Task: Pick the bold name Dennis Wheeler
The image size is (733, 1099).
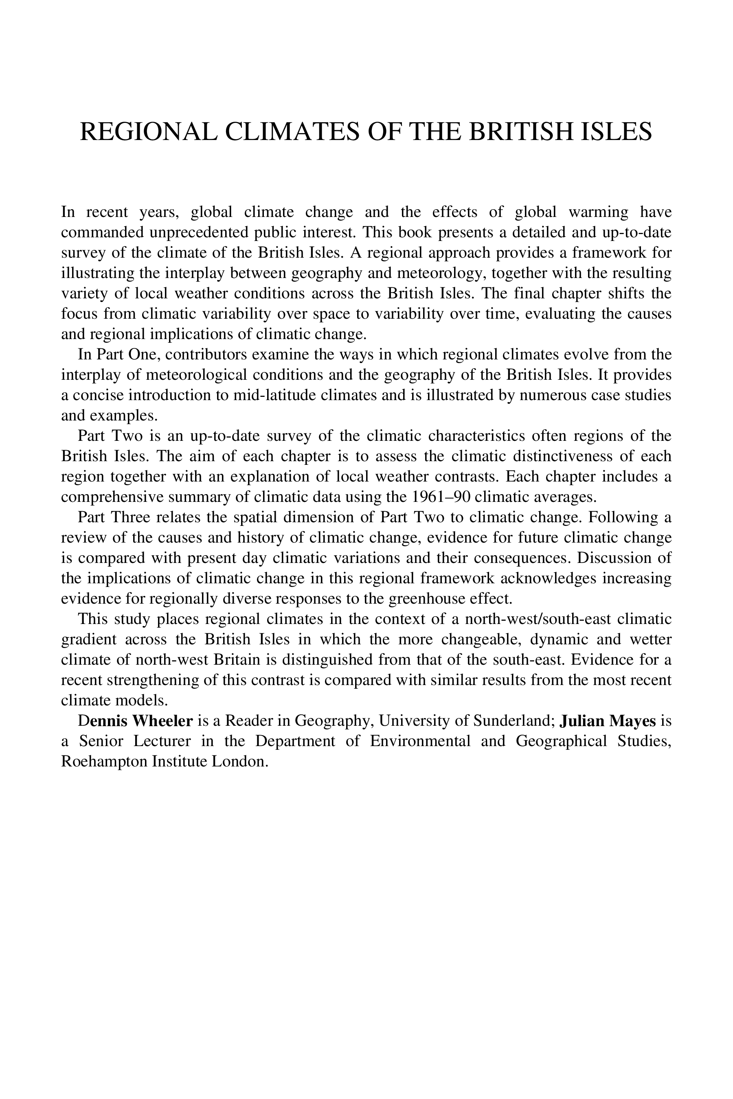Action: [x=136, y=720]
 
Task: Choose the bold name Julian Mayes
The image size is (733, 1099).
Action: [x=608, y=720]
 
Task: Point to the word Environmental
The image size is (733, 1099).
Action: [x=420, y=741]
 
